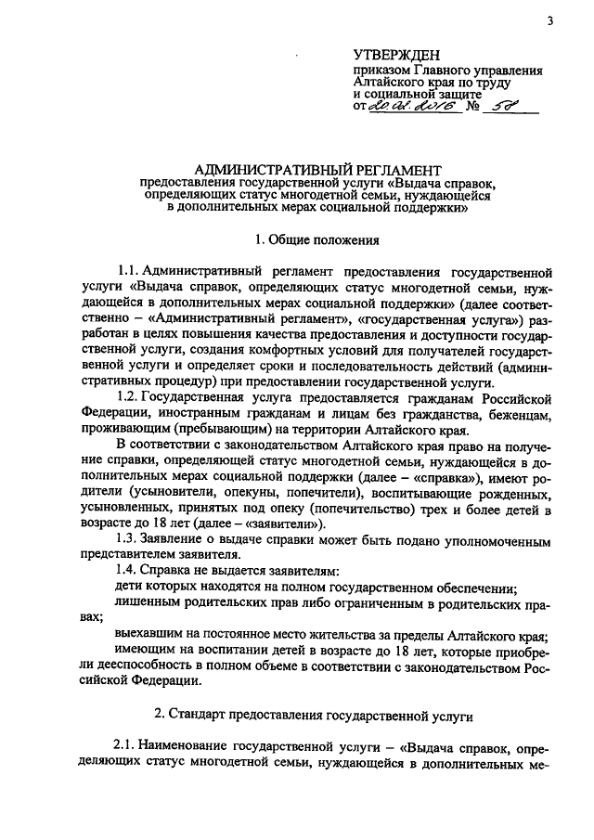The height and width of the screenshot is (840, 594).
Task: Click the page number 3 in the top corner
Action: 549,20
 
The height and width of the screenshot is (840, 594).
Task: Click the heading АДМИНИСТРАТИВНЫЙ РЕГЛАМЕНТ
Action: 312,169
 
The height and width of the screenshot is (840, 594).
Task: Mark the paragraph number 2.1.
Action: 125,750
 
